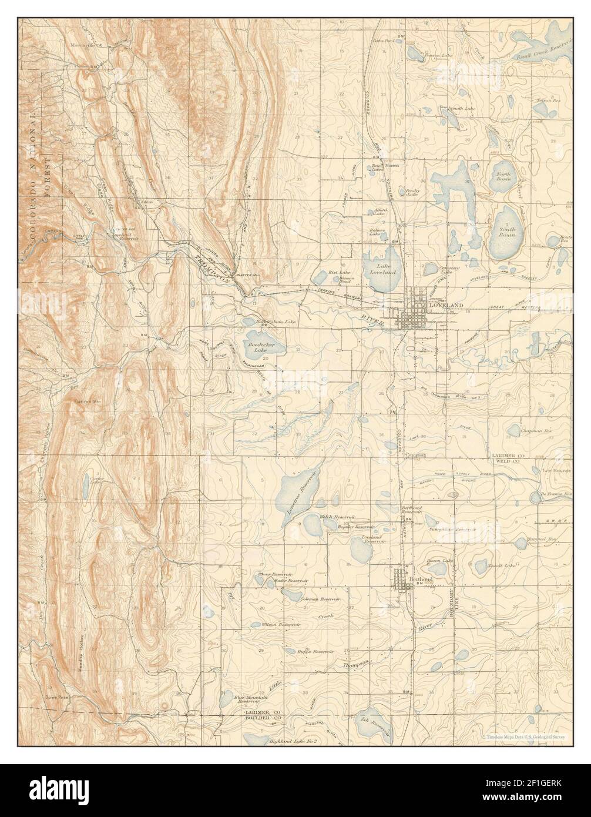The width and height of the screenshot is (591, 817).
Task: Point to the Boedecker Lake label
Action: coord(257,346)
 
